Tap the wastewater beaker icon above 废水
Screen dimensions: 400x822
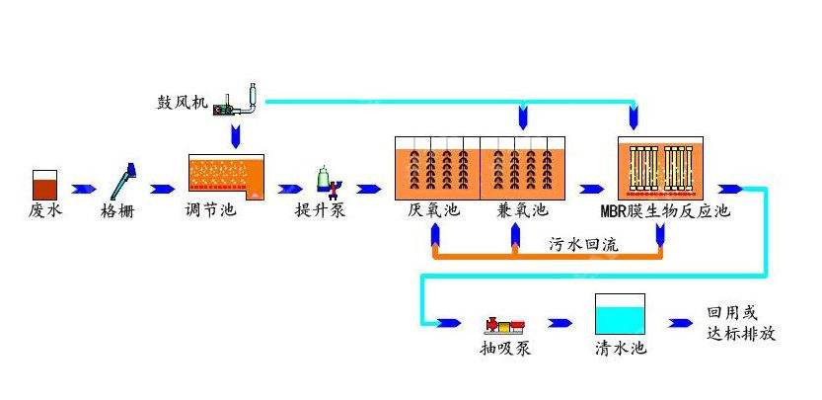pyautogui.click(x=45, y=184)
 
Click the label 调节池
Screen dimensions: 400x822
pyautogui.click(x=211, y=210)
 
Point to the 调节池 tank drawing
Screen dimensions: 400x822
pyautogui.click(x=227, y=177)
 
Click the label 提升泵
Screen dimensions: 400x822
pyautogui.click(x=321, y=210)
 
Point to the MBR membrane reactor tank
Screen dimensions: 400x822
pyautogui.click(x=661, y=167)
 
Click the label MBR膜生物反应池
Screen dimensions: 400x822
pyautogui.click(x=665, y=210)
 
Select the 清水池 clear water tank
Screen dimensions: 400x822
pyautogui.click(x=621, y=317)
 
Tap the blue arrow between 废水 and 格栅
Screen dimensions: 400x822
pyautogui.click(x=84, y=187)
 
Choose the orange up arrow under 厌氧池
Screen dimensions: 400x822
pyautogui.click(x=433, y=235)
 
